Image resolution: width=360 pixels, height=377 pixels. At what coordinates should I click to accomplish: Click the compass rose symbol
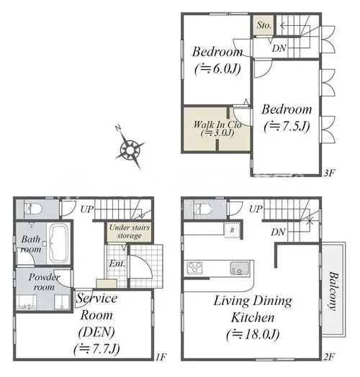130,150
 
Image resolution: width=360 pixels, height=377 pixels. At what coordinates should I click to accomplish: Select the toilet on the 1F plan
33,209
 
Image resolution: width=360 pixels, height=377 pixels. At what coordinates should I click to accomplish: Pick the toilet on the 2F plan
203,208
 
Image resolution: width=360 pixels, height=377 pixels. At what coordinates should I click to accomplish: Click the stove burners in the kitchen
195,268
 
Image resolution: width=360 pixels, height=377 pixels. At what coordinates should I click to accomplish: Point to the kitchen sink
240,268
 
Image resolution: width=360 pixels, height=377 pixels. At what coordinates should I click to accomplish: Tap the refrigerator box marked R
232,230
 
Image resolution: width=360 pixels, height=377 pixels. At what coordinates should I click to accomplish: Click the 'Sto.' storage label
264,25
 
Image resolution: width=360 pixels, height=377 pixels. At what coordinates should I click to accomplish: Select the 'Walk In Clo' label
217,124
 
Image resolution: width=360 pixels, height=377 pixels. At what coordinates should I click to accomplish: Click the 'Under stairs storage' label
130,232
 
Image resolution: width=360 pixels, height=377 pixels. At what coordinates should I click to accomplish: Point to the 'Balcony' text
333,291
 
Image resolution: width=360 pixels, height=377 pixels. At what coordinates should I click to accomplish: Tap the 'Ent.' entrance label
117,263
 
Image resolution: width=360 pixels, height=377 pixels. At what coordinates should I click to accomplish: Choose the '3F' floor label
329,173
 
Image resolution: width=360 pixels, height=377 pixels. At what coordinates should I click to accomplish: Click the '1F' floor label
161,357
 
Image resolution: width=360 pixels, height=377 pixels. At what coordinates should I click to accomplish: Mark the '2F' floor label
329,357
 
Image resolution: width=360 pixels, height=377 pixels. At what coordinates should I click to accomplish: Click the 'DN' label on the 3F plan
279,49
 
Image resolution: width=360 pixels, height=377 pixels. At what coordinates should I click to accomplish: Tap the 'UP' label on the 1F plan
87,209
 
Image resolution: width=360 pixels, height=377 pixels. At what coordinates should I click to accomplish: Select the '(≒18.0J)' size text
253,335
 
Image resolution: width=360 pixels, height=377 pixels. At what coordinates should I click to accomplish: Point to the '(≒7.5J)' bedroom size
287,126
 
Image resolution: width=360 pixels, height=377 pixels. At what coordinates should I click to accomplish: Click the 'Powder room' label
44,282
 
